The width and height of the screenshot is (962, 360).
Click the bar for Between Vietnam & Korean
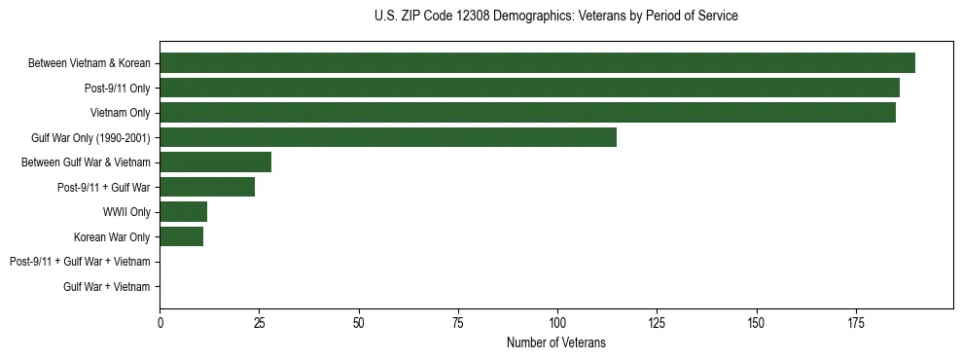tap(537, 63)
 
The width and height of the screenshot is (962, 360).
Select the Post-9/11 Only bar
tap(529, 89)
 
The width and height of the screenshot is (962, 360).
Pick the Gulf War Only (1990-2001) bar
tap(388, 137)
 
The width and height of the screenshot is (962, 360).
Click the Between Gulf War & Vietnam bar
tap(215, 162)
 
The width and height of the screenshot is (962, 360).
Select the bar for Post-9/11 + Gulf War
tap(207, 187)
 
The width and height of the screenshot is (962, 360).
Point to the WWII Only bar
tap(183, 212)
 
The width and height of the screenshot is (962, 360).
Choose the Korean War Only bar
tap(181, 236)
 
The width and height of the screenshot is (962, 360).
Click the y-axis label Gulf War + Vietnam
tap(107, 287)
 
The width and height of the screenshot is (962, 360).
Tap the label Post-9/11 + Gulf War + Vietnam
tap(80, 262)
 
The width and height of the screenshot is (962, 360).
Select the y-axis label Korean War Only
tap(112, 236)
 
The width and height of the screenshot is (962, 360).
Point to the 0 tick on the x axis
tap(160, 321)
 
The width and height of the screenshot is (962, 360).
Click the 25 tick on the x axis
tap(259, 321)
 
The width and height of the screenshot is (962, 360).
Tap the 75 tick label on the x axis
tap(458, 321)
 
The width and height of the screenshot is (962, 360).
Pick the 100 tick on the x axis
tap(557, 321)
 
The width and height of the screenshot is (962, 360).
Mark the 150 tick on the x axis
tap(756, 321)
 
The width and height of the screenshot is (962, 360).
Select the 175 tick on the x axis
tap(856, 321)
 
